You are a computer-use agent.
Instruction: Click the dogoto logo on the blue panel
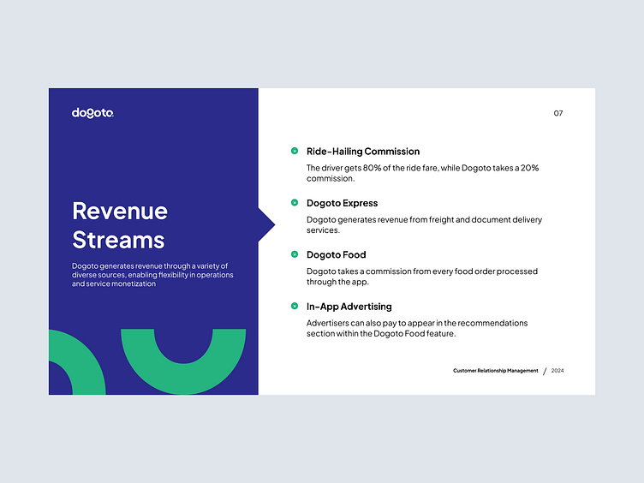[x=92, y=113]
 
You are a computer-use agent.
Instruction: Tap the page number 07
[x=558, y=113]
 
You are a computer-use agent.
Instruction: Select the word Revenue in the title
[x=120, y=211]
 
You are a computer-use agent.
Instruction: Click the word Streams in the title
[x=118, y=239]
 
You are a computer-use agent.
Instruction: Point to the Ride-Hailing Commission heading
[x=363, y=152]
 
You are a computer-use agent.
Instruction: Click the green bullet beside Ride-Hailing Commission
[x=295, y=152]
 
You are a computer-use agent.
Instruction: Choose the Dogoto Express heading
[x=342, y=203]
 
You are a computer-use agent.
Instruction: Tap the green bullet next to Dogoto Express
[x=295, y=203]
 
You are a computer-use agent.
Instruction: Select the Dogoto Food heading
[x=336, y=254]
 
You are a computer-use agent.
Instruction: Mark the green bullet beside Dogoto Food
[x=295, y=254]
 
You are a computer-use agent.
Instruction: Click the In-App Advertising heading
[x=349, y=306]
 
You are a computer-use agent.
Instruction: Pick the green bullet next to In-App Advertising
[x=295, y=306]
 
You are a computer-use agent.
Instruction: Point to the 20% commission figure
[x=528, y=168]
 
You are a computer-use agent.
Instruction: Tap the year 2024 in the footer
[x=558, y=371]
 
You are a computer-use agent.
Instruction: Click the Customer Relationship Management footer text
[x=496, y=371]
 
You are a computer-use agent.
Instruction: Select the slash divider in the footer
[x=545, y=371]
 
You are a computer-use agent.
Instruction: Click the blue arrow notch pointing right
[x=266, y=224]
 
